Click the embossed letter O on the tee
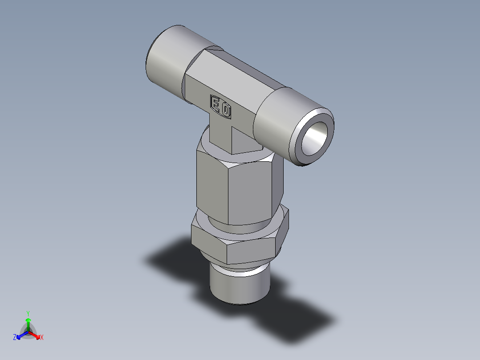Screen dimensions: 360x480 click(x=226, y=110)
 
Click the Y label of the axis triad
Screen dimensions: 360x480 click(x=28, y=313)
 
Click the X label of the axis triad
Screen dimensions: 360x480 click(x=42, y=337)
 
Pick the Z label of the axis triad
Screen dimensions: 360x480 click(x=15, y=337)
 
